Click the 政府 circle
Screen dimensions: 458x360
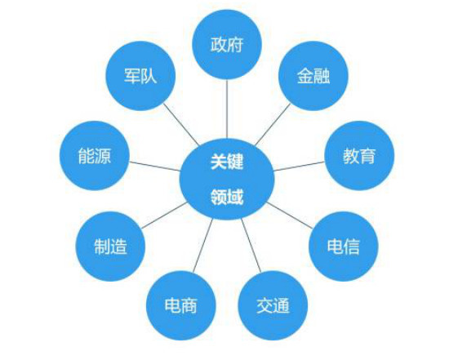(227, 44)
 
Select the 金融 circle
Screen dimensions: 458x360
(313, 76)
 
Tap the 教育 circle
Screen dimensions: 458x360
(359, 156)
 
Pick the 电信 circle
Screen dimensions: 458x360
(344, 247)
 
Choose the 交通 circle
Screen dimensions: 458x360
(273, 305)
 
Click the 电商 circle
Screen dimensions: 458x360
(181, 305)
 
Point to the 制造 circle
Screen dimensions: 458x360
(110, 247)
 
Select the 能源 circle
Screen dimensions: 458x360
(95, 156)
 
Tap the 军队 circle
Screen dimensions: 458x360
(140, 76)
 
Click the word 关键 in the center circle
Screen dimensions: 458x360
(227, 161)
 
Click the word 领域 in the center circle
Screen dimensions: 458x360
(227, 197)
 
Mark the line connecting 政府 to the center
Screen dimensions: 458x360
(227, 109)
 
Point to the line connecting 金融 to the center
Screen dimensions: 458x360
(273, 124)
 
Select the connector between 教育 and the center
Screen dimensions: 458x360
(299, 167)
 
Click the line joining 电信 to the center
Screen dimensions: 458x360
(290, 215)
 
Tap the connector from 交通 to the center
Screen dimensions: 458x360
(251, 246)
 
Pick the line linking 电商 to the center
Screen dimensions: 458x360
(202, 246)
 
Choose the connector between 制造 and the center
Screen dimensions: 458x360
(164, 215)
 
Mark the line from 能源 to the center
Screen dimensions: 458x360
(155, 167)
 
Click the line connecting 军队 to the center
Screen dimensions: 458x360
(181, 124)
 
